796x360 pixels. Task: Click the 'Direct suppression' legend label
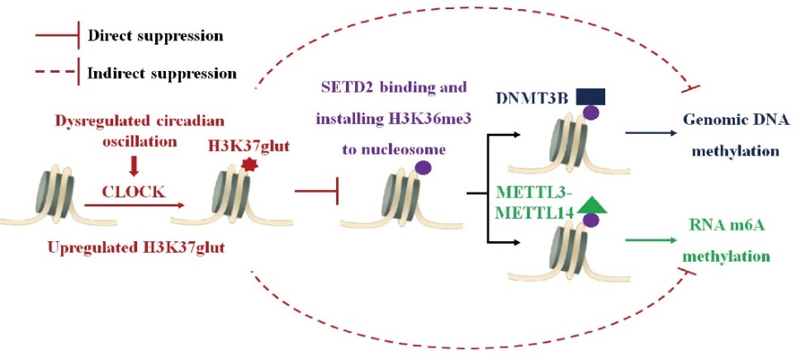[x=155, y=37]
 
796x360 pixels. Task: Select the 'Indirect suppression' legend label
[x=162, y=73]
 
